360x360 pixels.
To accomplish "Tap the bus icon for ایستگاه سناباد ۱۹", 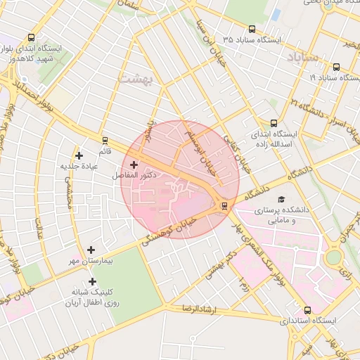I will click(x=336, y=67).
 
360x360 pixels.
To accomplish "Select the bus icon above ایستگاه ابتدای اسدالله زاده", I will click(x=274, y=122).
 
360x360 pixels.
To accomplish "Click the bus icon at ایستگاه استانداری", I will click(x=307, y=310).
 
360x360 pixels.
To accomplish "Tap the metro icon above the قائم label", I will click(x=105, y=140).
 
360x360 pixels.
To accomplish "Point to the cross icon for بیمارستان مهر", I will click(x=91, y=250).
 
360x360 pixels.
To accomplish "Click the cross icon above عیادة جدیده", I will click(x=79, y=155).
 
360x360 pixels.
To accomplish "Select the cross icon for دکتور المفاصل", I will click(x=134, y=164).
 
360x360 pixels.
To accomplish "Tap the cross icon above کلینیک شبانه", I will click(x=92, y=281).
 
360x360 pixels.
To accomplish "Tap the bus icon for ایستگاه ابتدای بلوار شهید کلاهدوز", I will click(x=30, y=38).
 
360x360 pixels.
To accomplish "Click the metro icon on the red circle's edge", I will click(x=224, y=205).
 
